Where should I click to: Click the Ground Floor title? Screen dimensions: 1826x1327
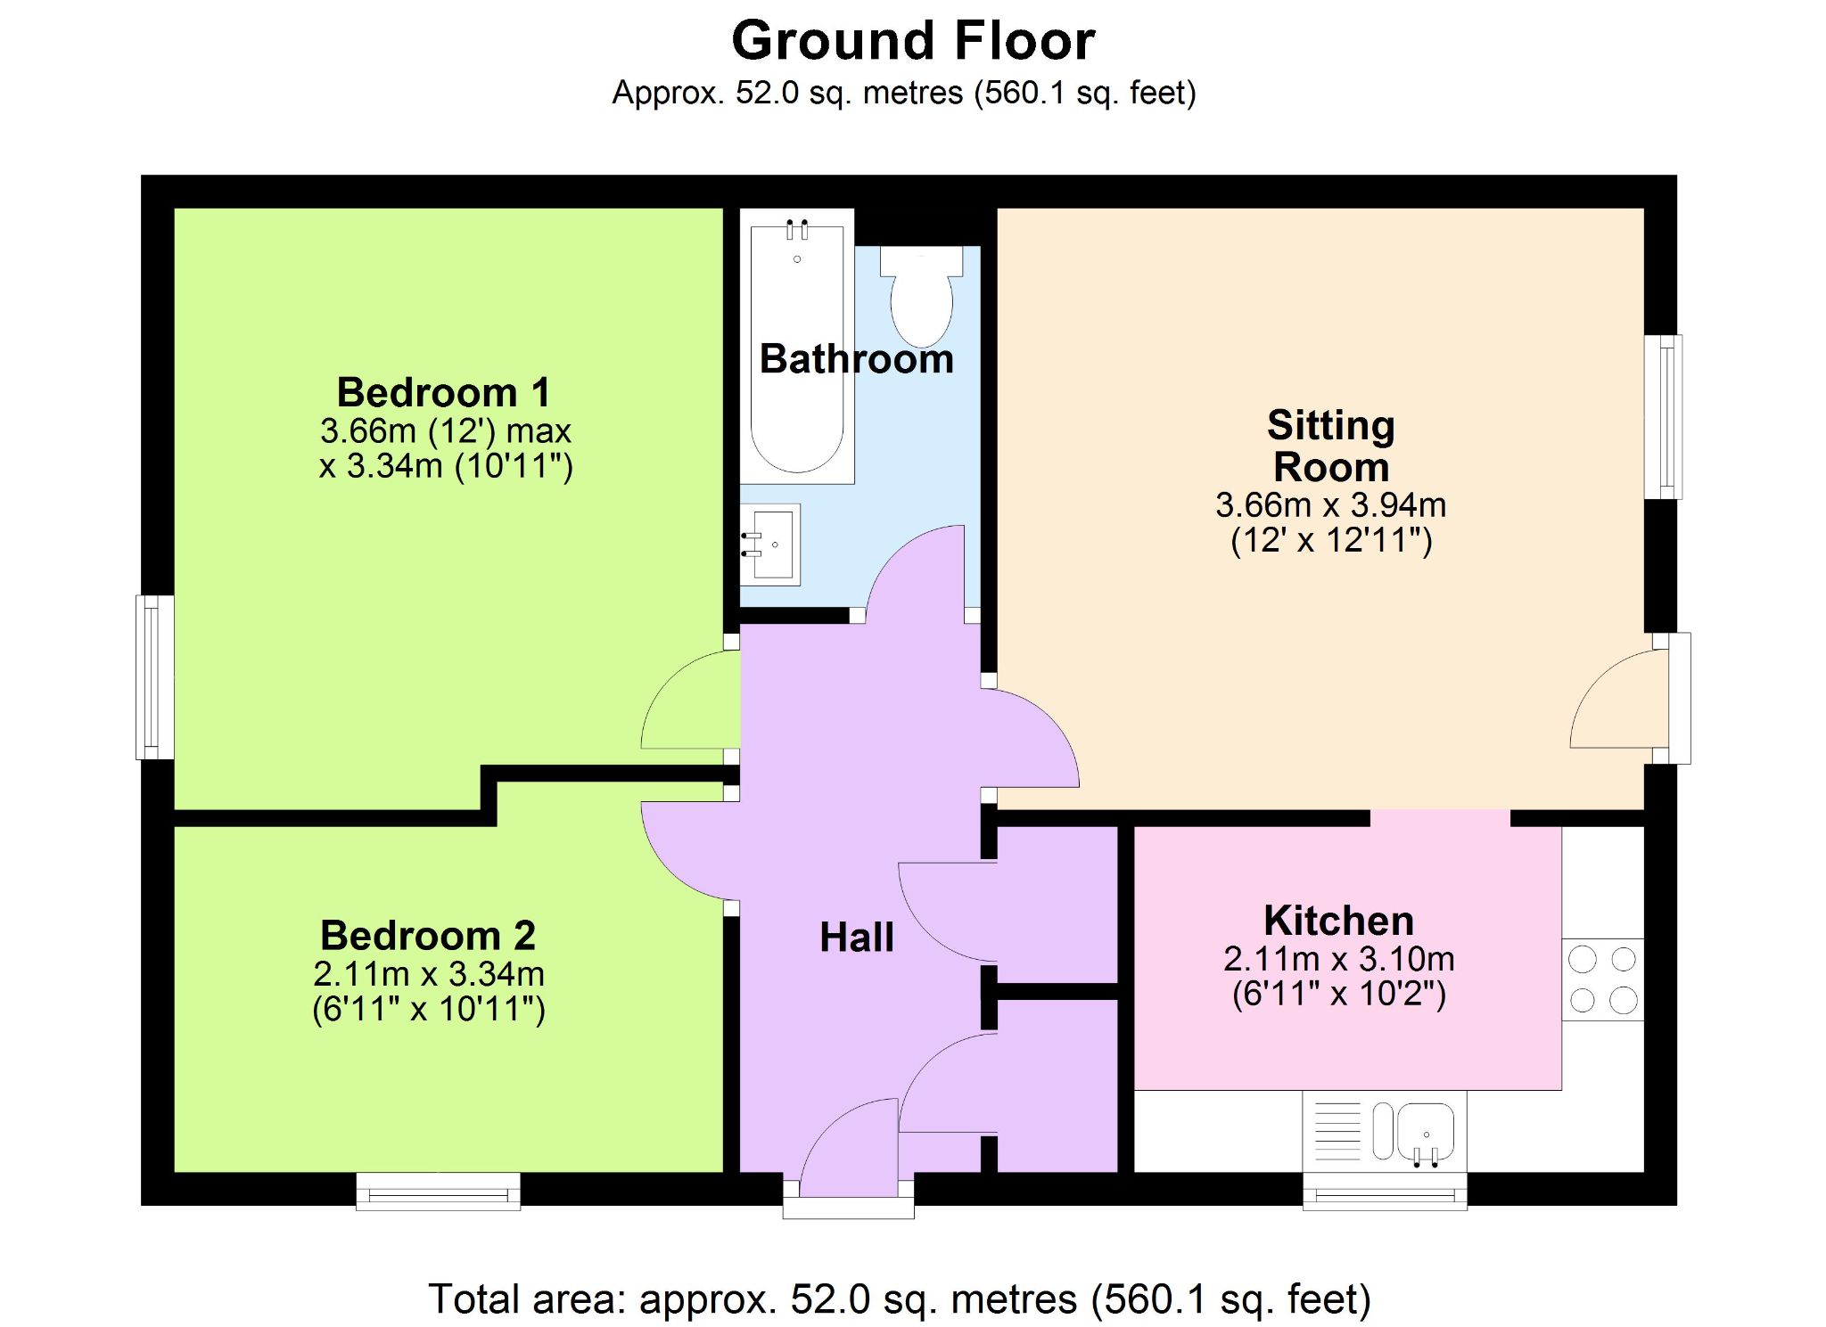(913, 41)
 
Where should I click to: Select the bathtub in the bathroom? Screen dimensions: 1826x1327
(797, 347)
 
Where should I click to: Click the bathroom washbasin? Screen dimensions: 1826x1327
(770, 545)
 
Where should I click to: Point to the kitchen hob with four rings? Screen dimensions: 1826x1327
(1603, 979)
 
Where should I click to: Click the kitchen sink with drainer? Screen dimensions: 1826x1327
(1385, 1131)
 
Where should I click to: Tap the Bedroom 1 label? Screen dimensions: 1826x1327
(443, 392)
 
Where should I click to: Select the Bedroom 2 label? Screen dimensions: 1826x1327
(428, 936)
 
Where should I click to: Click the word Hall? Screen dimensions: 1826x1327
(857, 938)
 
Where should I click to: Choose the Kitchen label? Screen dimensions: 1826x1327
(1339, 921)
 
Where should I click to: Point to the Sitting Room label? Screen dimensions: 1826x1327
(1331, 446)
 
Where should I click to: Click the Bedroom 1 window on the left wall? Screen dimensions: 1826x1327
(154, 677)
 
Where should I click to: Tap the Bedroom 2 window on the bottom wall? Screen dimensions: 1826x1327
(438, 1191)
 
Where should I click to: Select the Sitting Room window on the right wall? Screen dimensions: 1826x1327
(1664, 417)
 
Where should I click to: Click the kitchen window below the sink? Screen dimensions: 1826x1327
(1385, 1191)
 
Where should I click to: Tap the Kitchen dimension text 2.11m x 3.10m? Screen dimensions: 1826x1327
(1339, 959)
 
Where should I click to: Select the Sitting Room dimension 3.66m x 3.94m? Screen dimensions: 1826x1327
(1331, 505)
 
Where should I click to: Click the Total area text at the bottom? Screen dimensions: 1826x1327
(900, 1299)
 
